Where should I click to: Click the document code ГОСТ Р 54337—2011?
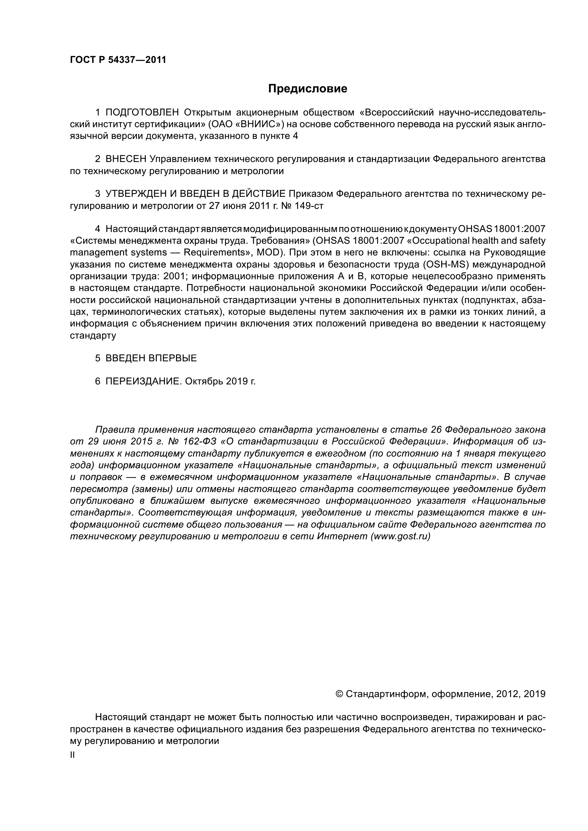tap(118, 60)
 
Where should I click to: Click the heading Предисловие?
tap(308, 89)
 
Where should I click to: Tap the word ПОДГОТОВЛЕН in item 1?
tap(142, 113)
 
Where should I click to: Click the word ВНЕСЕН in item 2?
tap(125, 159)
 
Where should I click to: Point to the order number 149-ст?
tap(310, 206)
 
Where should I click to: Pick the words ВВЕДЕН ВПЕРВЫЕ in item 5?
tap(151, 358)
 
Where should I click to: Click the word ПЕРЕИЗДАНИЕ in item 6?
tap(143, 381)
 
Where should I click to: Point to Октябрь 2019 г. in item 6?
tap(220, 381)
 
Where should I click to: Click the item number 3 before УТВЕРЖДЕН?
tap(98, 194)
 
